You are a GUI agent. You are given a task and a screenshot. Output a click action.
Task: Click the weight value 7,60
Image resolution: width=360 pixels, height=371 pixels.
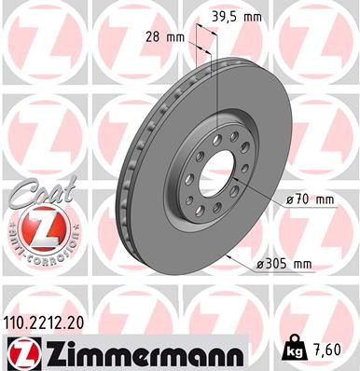pyautogui.click(x=339, y=353)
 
